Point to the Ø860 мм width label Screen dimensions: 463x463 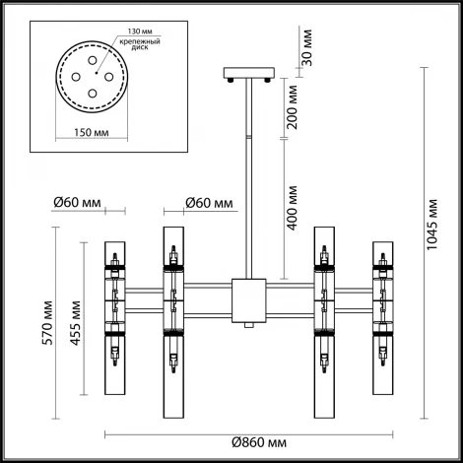point(244,446)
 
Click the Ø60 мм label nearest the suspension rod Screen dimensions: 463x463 point(209,204)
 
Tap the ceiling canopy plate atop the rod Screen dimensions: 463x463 point(246,74)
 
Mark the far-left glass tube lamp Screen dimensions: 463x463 point(115,315)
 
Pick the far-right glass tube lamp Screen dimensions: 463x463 point(379,315)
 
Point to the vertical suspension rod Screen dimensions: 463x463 point(246,177)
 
